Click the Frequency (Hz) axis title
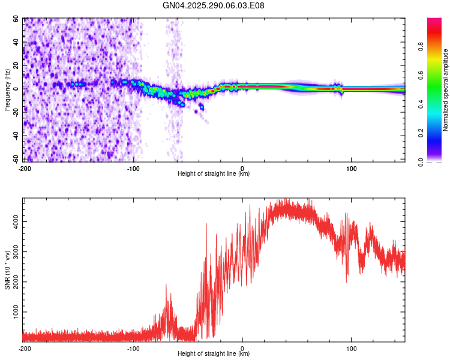[x=7, y=90]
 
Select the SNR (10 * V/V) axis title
[x=7, y=271]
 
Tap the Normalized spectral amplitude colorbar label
[x=446, y=90]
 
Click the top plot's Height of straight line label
[x=214, y=173]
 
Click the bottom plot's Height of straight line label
[x=214, y=353]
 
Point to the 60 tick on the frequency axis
[x=15, y=19]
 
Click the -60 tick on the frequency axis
[x=14, y=159]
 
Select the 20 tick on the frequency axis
[x=15, y=65]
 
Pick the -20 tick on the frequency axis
[x=14, y=112]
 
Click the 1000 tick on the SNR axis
[x=13, y=313]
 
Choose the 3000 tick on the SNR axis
[x=13, y=252]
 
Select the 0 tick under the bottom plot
[x=242, y=348]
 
